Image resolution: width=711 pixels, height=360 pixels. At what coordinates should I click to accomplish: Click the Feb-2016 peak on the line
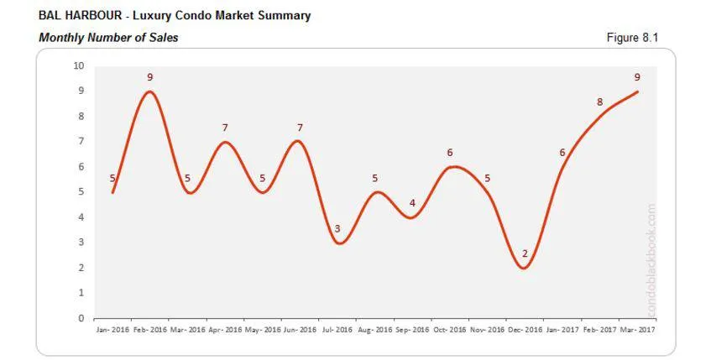[149, 91]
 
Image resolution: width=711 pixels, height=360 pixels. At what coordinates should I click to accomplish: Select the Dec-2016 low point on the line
[525, 268]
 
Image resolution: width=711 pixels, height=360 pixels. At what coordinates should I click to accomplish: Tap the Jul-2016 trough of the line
[337, 243]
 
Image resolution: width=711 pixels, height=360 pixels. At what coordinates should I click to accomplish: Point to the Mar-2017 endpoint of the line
[637, 91]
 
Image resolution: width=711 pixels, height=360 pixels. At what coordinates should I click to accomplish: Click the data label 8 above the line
[599, 102]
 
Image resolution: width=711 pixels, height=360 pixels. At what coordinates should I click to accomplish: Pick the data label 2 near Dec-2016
[525, 253]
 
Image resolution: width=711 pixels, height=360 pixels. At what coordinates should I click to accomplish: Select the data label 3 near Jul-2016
[337, 228]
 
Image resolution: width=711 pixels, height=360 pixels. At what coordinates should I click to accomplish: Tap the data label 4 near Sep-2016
[412, 203]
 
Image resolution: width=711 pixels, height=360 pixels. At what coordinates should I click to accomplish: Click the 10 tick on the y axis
[79, 66]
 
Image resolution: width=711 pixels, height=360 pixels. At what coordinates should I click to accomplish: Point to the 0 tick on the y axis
[81, 318]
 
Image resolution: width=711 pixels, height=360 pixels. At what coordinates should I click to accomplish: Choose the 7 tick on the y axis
[81, 142]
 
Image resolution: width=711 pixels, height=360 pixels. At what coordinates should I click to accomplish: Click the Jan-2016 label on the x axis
[112, 330]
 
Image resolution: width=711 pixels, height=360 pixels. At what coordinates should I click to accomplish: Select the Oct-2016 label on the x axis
[449, 330]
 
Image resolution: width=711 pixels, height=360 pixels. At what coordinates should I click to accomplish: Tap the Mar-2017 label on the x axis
[637, 330]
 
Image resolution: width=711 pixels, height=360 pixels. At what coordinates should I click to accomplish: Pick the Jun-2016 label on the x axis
[299, 330]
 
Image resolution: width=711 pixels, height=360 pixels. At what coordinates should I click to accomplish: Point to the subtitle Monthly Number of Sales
[108, 38]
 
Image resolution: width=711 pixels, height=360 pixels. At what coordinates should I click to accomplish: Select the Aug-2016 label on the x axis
[374, 330]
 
